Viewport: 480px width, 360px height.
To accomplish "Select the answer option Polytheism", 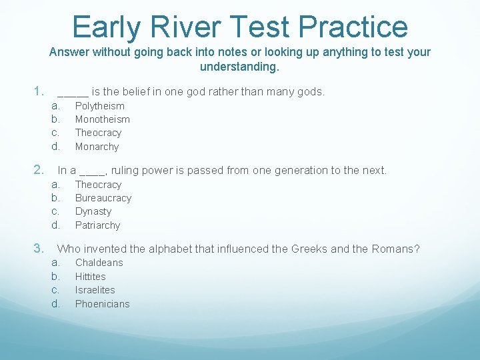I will [99, 106].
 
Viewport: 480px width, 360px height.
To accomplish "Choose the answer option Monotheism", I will [102, 119].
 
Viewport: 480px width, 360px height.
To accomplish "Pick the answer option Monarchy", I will [97, 147].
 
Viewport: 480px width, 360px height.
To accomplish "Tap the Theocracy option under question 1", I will [98, 133].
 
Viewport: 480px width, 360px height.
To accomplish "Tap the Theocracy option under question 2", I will [98, 185].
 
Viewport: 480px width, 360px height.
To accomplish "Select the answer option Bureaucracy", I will [103, 198].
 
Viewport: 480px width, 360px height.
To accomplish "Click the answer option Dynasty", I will [93, 211].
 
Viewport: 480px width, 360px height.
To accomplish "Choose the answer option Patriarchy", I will [97, 225].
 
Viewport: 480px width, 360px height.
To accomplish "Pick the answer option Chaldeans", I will [99, 263].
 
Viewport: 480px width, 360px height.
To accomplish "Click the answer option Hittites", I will [90, 277].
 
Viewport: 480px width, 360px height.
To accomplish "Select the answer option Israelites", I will [95, 290].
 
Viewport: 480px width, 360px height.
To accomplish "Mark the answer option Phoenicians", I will [102, 304].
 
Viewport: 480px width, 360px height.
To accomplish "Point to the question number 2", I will [39, 170].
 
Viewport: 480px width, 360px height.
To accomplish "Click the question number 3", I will [39, 249].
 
